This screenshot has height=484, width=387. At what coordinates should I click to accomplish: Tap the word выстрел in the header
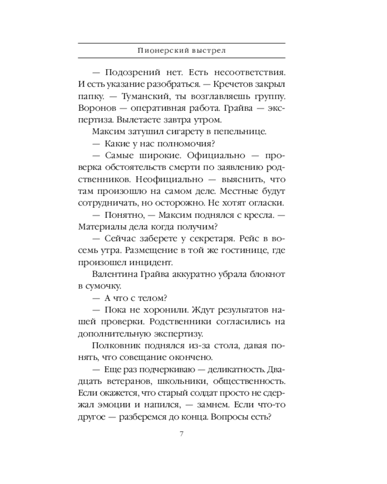tap(205, 50)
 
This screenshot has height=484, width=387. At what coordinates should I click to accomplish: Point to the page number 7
tap(181, 433)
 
